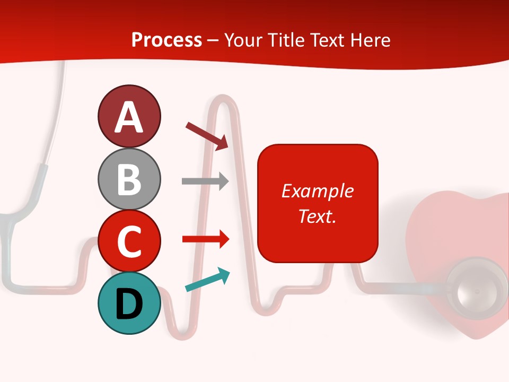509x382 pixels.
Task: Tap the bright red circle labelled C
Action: tap(129, 241)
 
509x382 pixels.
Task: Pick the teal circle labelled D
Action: tap(129, 303)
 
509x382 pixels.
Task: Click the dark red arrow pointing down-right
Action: tap(207, 136)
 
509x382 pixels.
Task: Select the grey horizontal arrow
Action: tap(205, 181)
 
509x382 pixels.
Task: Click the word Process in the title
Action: tap(166, 40)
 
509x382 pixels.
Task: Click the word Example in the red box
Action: tap(317, 191)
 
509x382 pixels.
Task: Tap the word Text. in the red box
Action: tap(317, 216)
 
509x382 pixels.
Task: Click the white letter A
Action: tap(129, 117)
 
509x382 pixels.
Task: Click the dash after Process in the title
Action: tap(213, 41)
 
